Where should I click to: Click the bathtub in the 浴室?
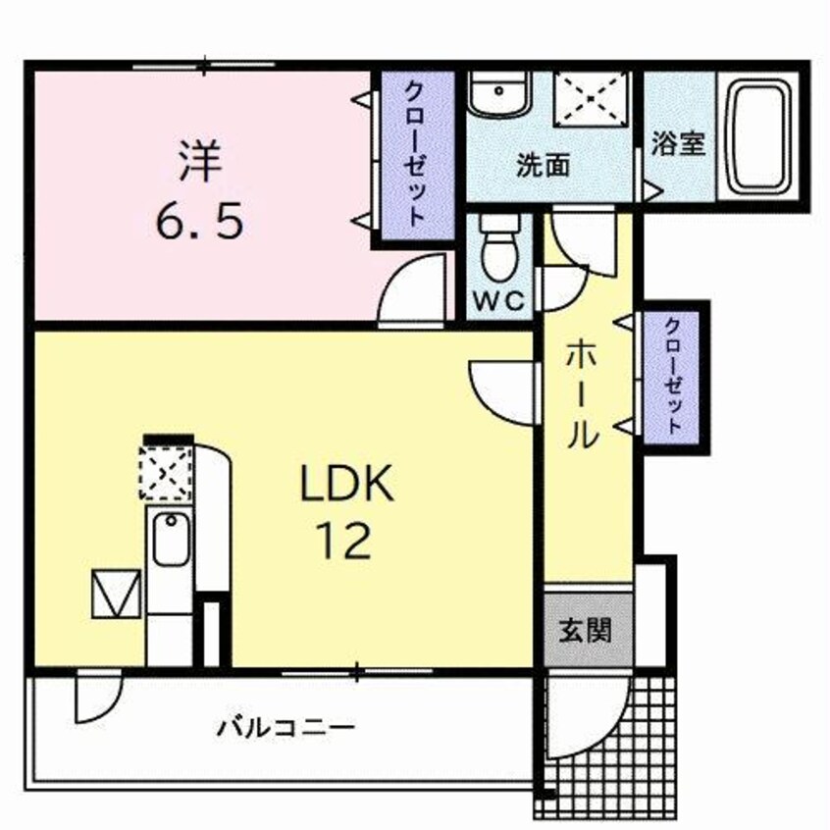tap(761, 134)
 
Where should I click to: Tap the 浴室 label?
tap(678, 143)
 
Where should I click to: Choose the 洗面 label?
tap(544, 165)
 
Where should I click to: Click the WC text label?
tap(499, 301)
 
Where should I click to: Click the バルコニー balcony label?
tap(285, 728)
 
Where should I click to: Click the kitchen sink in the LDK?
tap(170, 540)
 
